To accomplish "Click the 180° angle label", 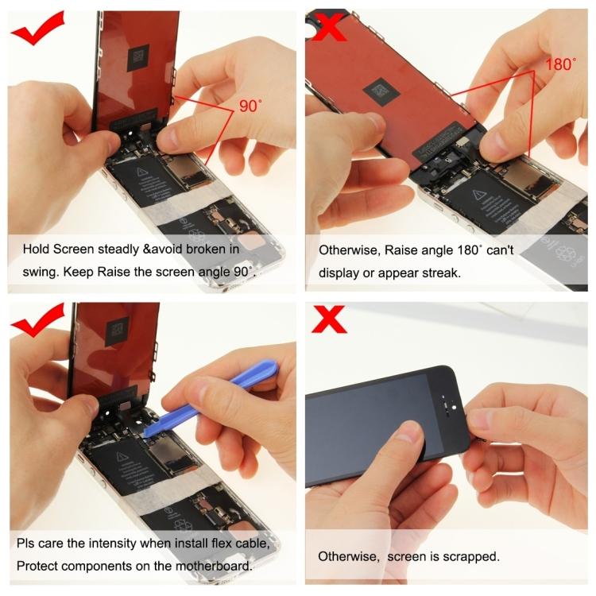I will click(x=559, y=64).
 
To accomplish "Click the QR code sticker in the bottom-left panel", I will click(x=118, y=327).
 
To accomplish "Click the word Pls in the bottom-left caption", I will click(x=26, y=544).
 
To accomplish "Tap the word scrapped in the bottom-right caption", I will click(x=470, y=556).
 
